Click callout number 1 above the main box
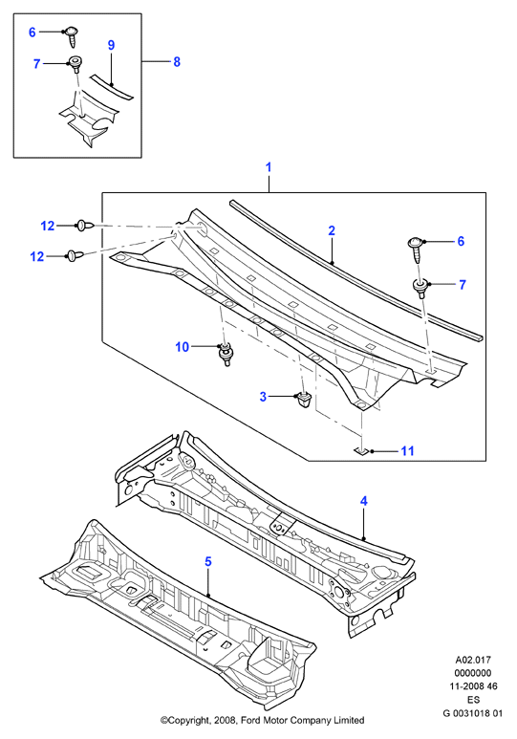point(269,167)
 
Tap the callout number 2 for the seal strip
point(332,230)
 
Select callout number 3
point(263,397)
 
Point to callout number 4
point(364,501)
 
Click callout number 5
point(208,561)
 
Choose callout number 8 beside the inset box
point(177,62)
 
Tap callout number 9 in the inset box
point(111,45)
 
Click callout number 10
point(182,347)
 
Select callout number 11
point(408,451)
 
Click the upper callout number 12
point(48,227)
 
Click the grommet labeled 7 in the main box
point(420,287)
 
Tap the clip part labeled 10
point(226,355)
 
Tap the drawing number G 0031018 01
point(473,713)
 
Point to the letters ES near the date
point(474,700)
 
